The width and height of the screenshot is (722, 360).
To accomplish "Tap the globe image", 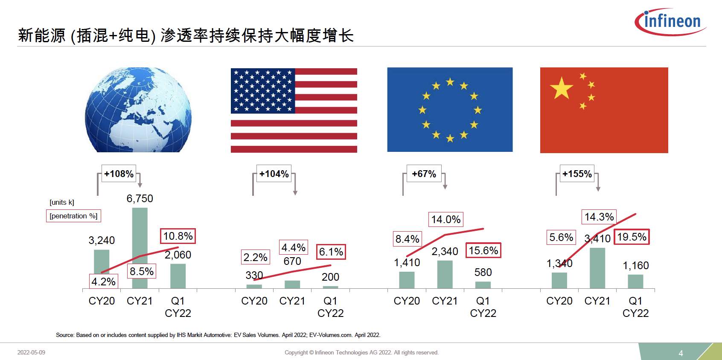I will [138, 110].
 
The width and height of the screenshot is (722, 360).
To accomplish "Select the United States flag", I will [294, 110].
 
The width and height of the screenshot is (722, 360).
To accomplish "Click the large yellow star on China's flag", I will [562, 88].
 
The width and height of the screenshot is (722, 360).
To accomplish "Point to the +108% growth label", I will [119, 174].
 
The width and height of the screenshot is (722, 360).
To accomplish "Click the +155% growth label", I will [577, 174].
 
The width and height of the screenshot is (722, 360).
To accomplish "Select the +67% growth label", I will [424, 174].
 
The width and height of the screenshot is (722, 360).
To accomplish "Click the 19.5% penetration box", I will [632, 237].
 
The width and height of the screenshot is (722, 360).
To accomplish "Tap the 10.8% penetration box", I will [178, 236].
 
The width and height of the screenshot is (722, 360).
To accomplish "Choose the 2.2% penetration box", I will [255, 258].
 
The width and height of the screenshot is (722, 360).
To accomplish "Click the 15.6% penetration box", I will [483, 251].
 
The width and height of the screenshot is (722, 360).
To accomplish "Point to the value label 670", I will [292, 261].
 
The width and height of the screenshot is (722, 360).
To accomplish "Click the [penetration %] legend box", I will [73, 216].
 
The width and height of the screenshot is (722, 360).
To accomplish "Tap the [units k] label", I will [62, 202].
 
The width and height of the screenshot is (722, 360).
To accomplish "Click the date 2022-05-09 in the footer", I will [31, 352].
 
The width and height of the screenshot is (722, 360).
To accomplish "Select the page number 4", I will [681, 353].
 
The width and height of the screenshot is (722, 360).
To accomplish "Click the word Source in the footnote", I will [64, 335].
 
